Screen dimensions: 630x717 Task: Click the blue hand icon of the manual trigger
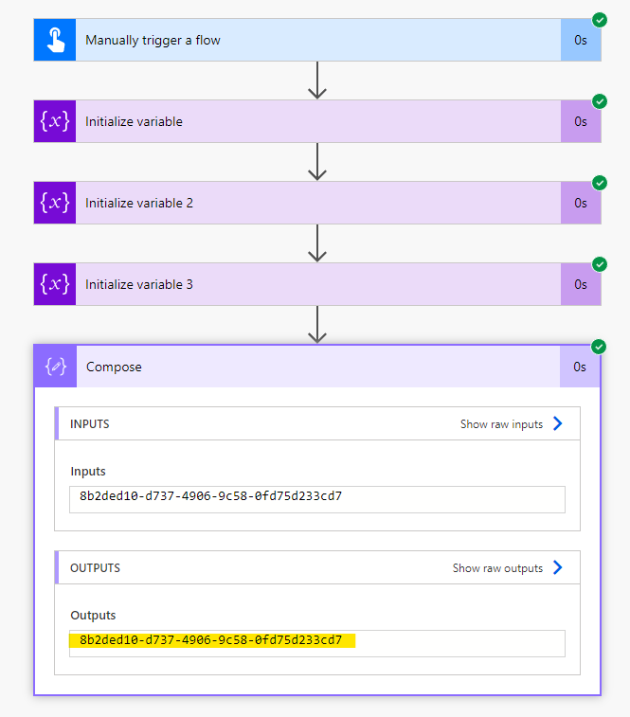[x=55, y=40]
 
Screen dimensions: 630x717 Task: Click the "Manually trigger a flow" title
[x=153, y=40]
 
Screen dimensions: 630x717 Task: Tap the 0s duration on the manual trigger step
[x=581, y=40]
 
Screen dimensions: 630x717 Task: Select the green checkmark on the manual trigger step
[x=600, y=20]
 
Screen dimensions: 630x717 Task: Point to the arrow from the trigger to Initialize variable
[x=317, y=80]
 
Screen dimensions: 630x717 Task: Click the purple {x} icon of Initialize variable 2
[x=55, y=203]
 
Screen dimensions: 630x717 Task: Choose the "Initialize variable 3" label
[x=139, y=284]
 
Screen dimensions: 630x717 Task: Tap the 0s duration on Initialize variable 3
[x=581, y=284]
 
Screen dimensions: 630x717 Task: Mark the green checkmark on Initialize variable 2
[x=600, y=183]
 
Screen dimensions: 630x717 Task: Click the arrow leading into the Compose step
[x=317, y=324]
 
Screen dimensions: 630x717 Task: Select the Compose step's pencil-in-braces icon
[x=55, y=367]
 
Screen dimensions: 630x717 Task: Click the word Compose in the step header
[x=114, y=367]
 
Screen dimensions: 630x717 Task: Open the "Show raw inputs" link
[x=501, y=424]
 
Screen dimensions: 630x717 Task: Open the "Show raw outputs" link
[x=497, y=568]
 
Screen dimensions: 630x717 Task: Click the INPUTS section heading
[x=90, y=424]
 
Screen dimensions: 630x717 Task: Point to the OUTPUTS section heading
[x=95, y=568]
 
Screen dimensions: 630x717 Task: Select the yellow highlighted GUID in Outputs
[x=211, y=640]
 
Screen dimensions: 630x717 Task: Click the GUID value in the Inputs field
[x=211, y=496]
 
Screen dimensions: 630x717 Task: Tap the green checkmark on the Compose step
[x=599, y=347]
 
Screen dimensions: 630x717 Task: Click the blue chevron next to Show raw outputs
[x=558, y=567]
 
